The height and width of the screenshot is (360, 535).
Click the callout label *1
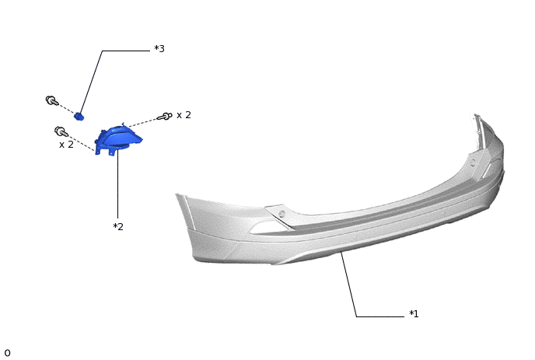click(x=414, y=313)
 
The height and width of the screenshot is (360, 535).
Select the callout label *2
click(x=118, y=226)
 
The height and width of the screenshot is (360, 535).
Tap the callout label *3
click(x=159, y=48)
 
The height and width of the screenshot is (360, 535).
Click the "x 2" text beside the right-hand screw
click(x=184, y=115)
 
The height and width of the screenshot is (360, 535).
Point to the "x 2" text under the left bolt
click(x=66, y=145)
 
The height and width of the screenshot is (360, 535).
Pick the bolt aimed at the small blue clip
click(x=52, y=100)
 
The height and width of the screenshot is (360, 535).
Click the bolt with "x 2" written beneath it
click(x=61, y=131)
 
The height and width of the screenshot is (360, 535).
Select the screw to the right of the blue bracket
click(x=164, y=117)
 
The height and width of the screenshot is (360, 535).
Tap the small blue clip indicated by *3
click(x=79, y=117)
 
